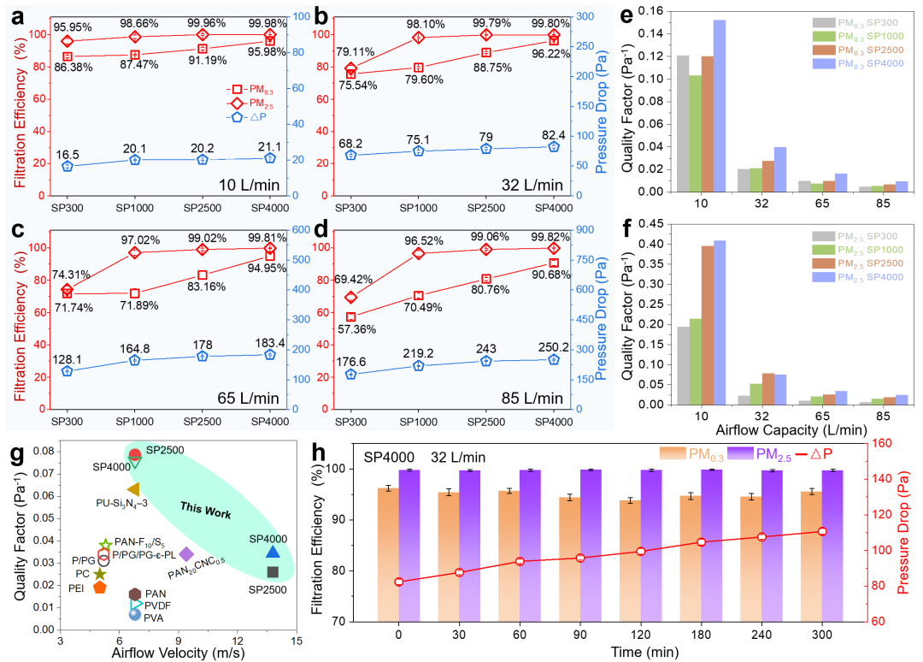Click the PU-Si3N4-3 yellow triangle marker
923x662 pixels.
(x=132, y=489)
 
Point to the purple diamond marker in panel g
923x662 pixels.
(x=186, y=554)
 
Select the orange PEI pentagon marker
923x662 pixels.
(x=100, y=588)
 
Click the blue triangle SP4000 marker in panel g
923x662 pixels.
(x=272, y=552)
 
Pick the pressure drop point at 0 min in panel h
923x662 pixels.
(x=398, y=582)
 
